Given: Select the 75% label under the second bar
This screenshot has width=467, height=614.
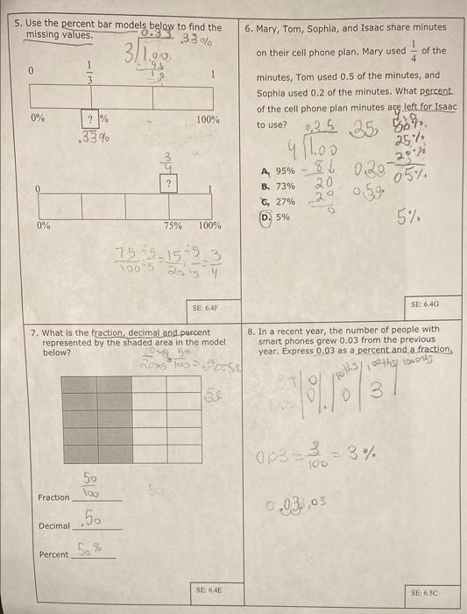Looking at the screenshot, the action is pyautogui.click(x=172, y=225).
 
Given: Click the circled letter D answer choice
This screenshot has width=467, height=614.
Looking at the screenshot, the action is pyautogui.click(x=266, y=216).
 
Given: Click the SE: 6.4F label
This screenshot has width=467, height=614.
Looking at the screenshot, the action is pyautogui.click(x=204, y=308).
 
